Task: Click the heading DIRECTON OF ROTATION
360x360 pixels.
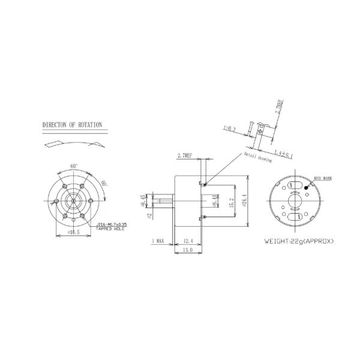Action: pyautogui.click(x=72, y=126)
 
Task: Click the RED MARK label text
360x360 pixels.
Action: pyautogui.click(x=325, y=179)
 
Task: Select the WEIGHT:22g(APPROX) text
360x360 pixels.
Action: pyautogui.click(x=299, y=241)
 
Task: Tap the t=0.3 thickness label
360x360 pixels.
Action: pyautogui.click(x=229, y=128)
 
